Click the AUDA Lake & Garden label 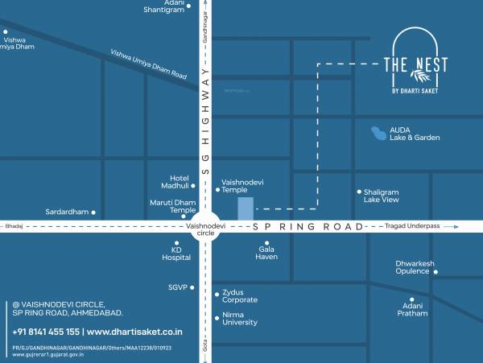tap(415, 134)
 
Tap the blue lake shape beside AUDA tap(376, 132)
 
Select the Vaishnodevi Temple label tap(243, 188)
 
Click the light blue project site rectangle tap(246, 208)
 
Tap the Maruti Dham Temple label tap(172, 205)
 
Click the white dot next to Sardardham tap(94, 212)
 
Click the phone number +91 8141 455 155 tap(46, 332)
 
